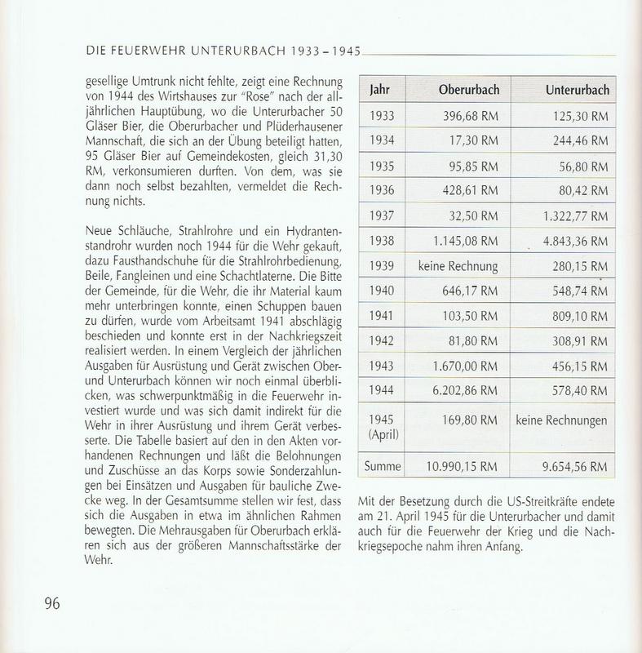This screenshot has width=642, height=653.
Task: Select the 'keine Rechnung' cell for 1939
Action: (x=459, y=266)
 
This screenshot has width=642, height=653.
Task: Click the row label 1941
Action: (x=382, y=317)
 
